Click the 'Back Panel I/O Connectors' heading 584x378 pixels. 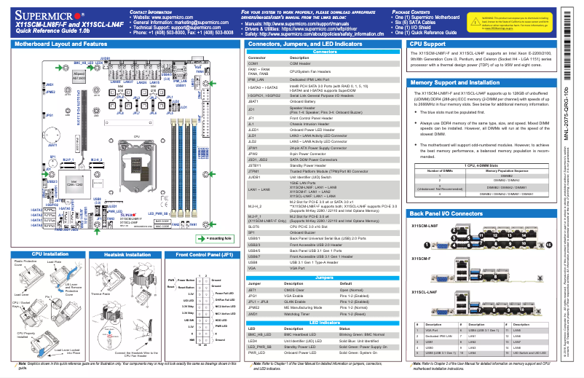(446, 213)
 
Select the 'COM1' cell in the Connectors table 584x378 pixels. (253, 63)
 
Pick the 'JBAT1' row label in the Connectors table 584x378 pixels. (255, 101)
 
